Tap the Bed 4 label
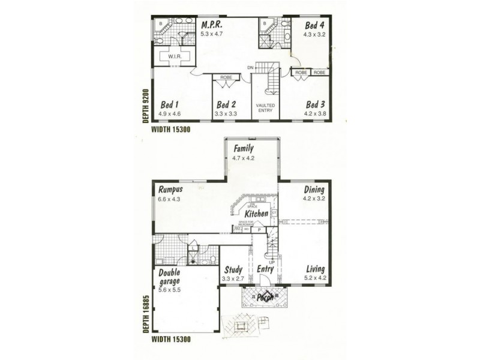pos(314,25)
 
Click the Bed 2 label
pos(226,103)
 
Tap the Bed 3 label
pos(315,103)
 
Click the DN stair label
pos(250,68)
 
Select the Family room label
pos(244,148)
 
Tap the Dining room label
pos(314,188)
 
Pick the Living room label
pos(316,269)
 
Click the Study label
pos(232,269)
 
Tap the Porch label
pos(265,297)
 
